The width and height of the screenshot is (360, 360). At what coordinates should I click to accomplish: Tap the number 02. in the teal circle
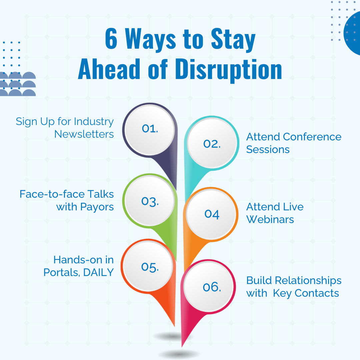tap(212, 144)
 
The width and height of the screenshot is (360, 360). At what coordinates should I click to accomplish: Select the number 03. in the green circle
tap(150, 201)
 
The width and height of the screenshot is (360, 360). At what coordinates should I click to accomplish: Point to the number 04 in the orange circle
tap(212, 214)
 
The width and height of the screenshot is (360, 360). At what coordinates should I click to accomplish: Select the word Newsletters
tap(84, 134)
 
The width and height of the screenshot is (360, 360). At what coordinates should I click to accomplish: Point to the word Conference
tap(312, 137)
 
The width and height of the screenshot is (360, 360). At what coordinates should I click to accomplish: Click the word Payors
tap(97, 207)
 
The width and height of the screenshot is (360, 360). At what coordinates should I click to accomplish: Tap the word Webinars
tap(270, 219)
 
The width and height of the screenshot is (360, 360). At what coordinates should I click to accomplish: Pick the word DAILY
tap(98, 272)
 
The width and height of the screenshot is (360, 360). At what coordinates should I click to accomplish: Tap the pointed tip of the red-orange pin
tap(174, 326)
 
